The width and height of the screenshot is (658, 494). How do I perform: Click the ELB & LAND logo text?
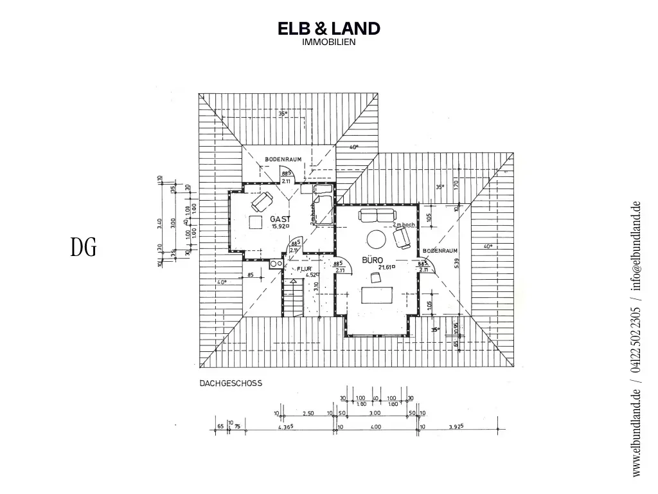point(328,28)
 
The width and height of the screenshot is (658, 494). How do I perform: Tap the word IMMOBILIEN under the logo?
point(328,42)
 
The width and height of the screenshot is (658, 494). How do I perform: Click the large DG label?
point(84,248)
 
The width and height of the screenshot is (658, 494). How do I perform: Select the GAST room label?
point(280,219)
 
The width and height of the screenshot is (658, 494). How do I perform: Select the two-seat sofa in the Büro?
point(377,215)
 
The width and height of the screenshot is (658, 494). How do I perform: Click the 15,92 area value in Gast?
point(279,226)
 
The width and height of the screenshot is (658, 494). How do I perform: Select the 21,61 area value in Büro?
point(386,267)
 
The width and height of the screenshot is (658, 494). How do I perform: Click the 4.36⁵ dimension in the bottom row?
point(285,426)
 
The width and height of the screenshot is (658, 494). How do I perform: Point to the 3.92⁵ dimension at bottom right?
point(456,426)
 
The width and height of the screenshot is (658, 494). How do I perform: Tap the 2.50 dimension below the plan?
point(308,414)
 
